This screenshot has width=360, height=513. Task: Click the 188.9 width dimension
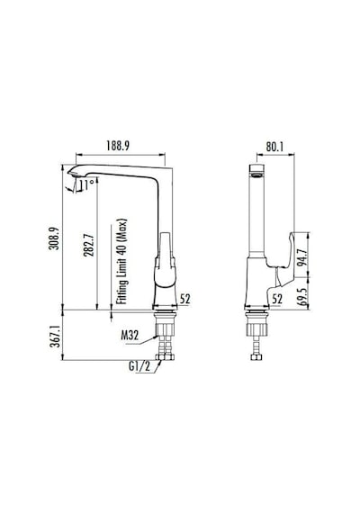(118, 146)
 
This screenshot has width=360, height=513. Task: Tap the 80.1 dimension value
(274, 147)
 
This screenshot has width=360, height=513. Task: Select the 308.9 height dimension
(54, 238)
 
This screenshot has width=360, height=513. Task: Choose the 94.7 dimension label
(302, 257)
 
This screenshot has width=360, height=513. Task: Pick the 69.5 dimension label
(302, 297)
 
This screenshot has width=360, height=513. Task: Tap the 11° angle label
(87, 184)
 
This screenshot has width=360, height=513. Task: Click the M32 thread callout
(130, 336)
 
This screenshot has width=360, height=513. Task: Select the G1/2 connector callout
(139, 366)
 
